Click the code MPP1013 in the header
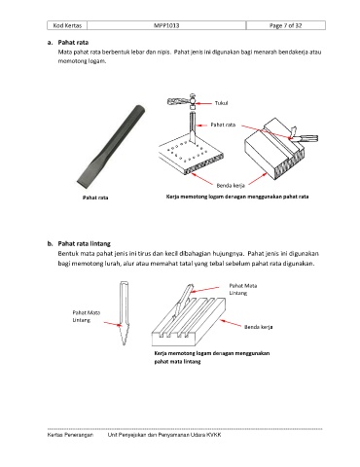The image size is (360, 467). (166, 25)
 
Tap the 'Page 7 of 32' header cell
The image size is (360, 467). (286, 25)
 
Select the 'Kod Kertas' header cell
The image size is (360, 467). (67, 25)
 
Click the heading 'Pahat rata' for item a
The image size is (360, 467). (73, 43)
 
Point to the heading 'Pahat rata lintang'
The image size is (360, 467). (85, 243)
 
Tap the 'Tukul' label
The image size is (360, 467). (221, 103)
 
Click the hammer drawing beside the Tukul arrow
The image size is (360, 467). (182, 101)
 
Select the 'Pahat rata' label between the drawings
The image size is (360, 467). (223, 125)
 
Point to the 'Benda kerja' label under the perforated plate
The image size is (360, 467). (231, 186)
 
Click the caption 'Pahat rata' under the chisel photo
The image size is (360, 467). (95, 198)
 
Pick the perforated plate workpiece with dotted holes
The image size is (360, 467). (192, 157)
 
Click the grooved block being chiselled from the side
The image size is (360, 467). (274, 150)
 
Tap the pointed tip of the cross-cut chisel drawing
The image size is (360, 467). (124, 344)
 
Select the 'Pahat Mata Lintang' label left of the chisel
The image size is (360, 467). (87, 316)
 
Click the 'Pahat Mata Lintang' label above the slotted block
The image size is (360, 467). (243, 289)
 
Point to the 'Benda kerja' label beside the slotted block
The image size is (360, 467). (259, 327)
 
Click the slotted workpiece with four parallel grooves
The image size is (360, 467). (189, 322)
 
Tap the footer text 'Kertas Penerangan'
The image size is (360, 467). (70, 435)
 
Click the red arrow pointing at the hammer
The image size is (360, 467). (204, 103)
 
